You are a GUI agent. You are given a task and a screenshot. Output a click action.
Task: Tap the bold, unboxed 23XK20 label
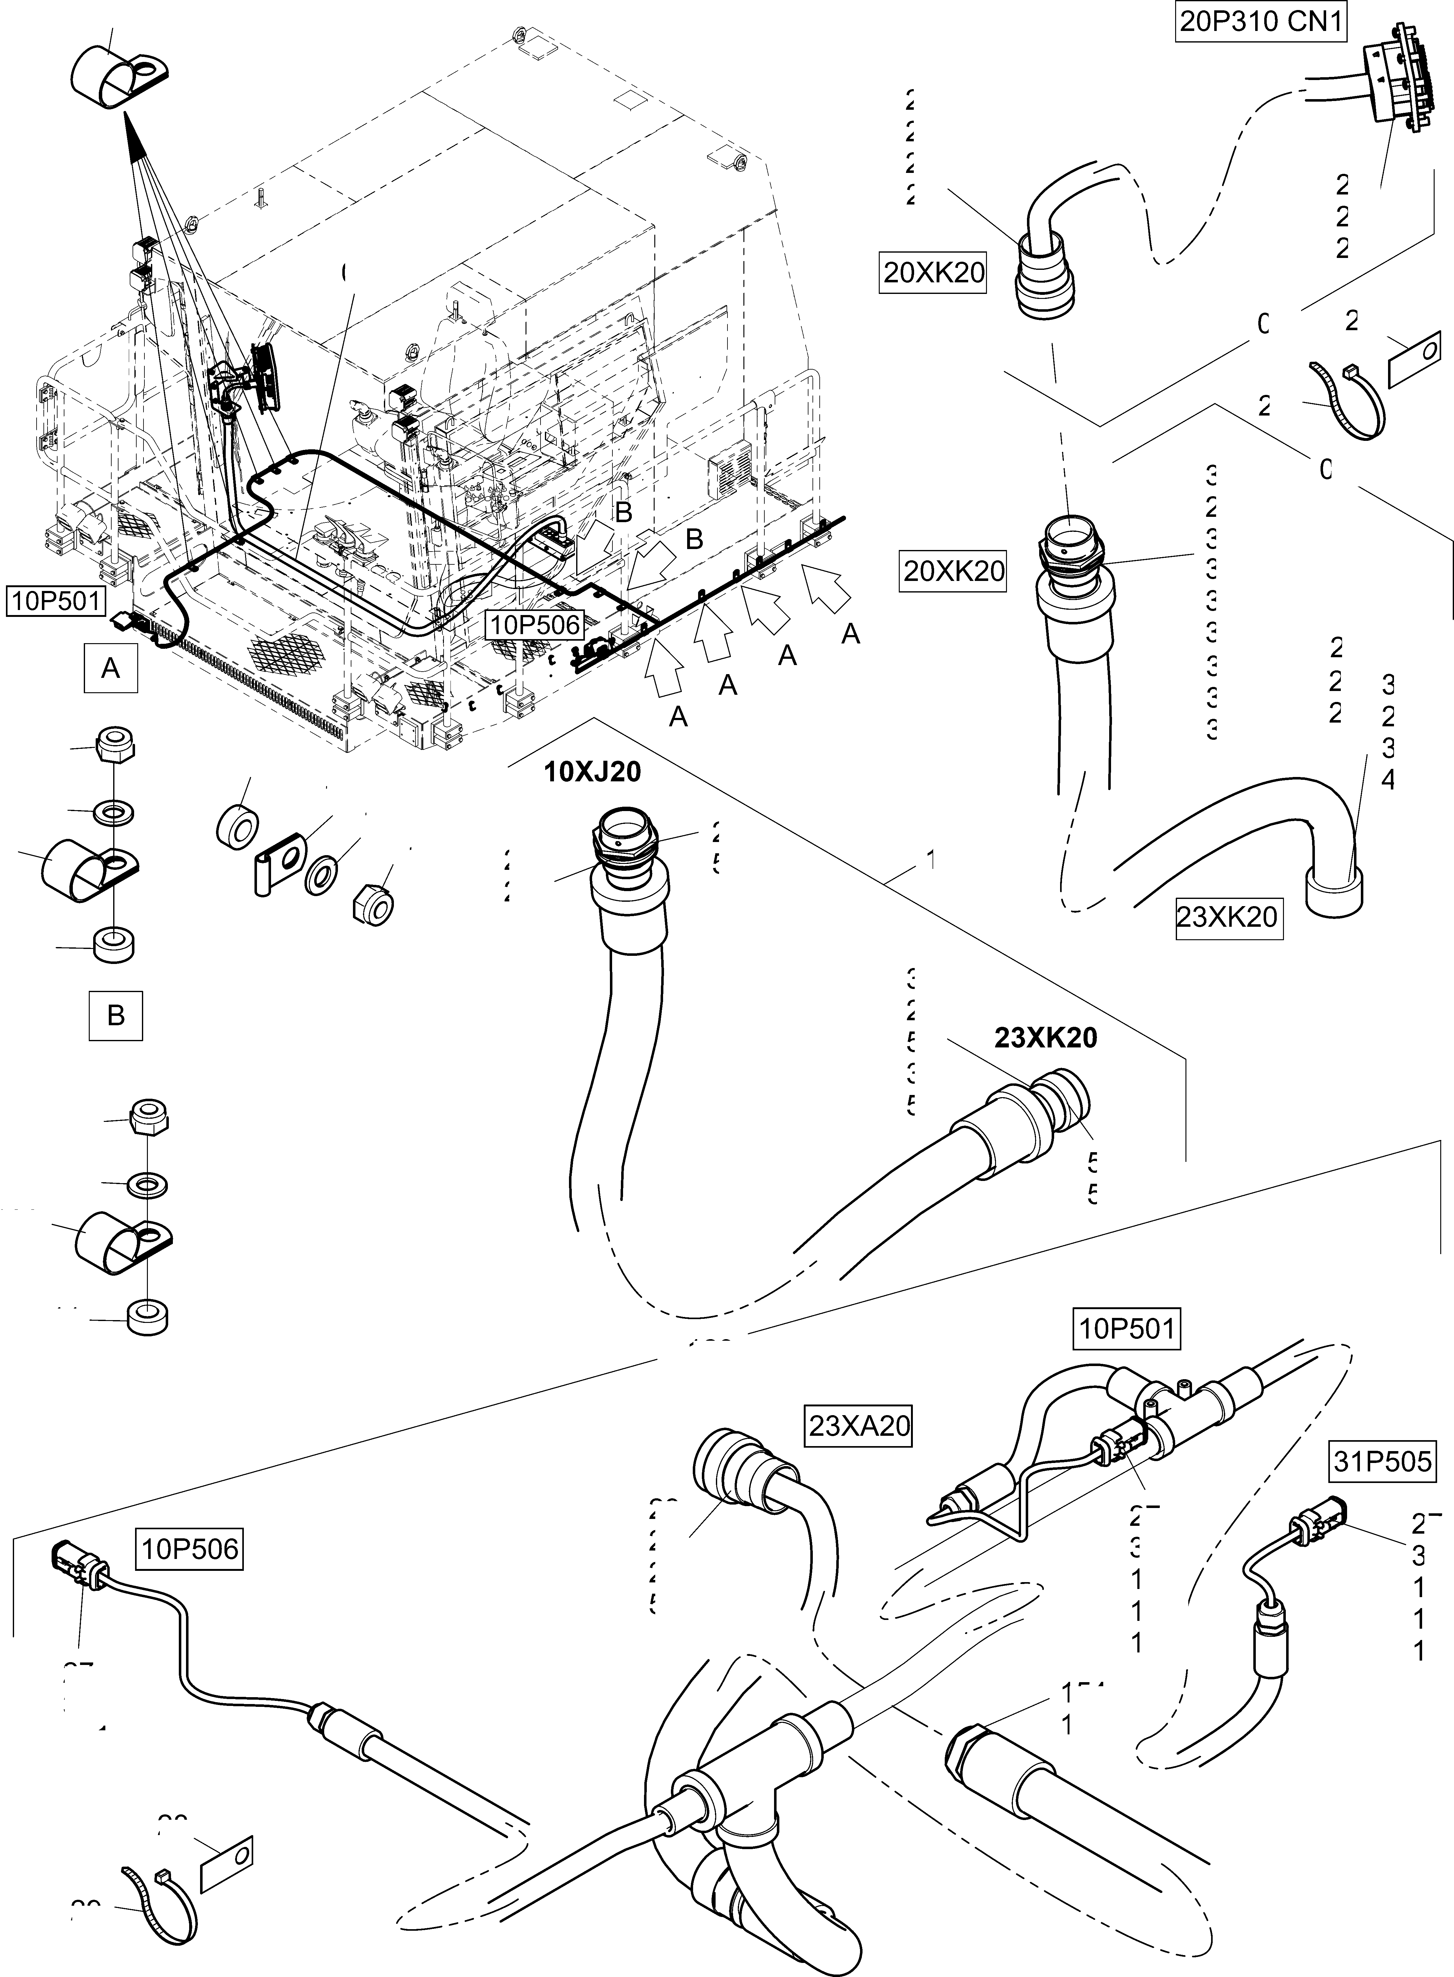1046,1038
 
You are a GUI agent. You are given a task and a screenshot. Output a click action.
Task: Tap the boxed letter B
115,1016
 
